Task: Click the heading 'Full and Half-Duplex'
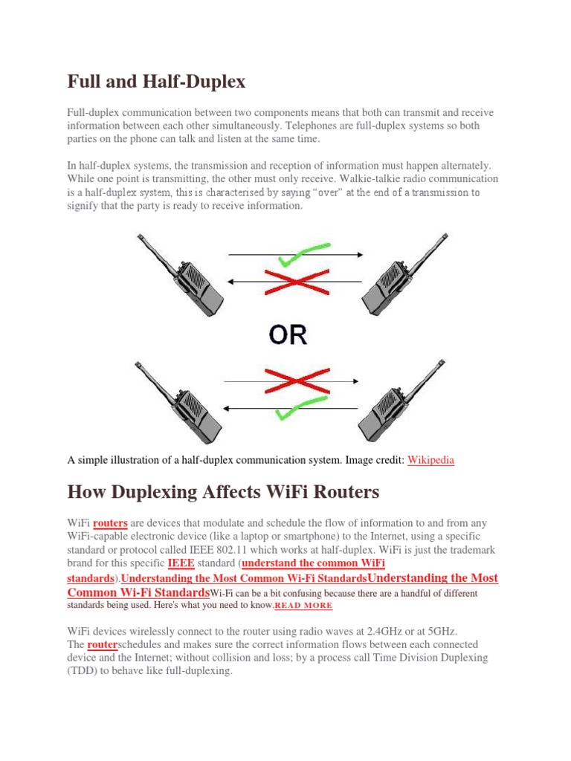click(156, 81)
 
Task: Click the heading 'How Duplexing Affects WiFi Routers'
click(223, 492)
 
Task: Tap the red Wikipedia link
click(430, 460)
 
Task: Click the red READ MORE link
click(304, 606)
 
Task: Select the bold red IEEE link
click(181, 563)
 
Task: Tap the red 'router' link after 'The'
click(103, 644)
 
